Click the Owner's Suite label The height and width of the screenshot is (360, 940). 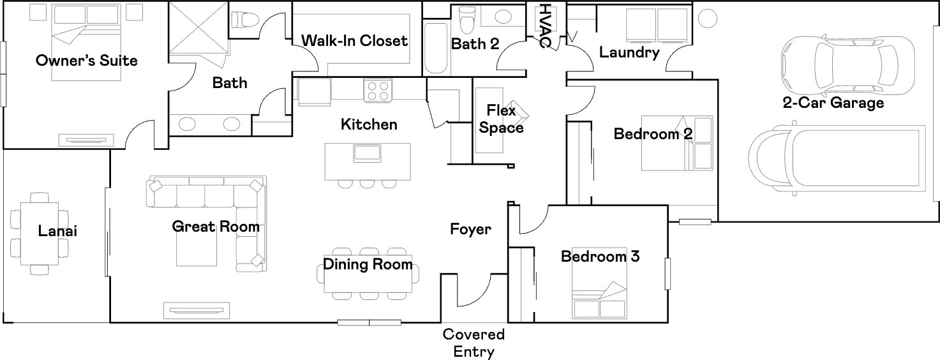coord(86,61)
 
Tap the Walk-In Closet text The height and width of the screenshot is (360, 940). coord(355,41)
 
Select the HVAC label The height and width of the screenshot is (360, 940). coord(545,26)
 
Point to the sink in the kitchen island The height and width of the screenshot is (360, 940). coord(367,153)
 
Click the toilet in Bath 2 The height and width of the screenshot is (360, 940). coord(466,20)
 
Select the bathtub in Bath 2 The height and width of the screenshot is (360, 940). coord(436,49)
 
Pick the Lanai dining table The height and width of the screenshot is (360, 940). coord(40,233)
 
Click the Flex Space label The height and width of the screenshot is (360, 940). coord(501,119)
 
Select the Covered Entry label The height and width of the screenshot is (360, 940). coord(474,343)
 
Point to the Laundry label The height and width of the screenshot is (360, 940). coord(629,52)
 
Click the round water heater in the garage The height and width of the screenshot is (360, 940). coord(708,19)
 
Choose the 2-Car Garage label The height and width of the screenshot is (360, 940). coord(833,103)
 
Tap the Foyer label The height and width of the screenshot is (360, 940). coord(470,229)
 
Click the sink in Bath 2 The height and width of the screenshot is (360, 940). coord(503,17)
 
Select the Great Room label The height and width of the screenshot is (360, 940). coord(216,227)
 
